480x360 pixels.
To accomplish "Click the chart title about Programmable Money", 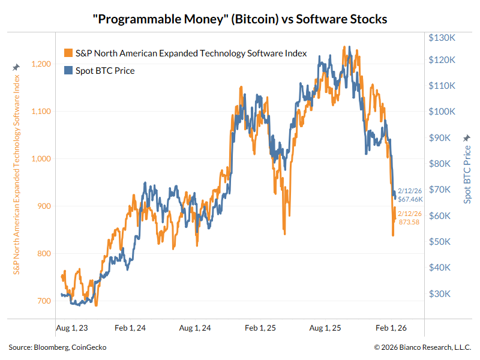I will (240, 19).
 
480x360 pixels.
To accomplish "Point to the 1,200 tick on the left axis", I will (41, 64).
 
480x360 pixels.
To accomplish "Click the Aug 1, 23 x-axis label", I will (71, 328).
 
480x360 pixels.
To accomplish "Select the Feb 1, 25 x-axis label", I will (261, 328).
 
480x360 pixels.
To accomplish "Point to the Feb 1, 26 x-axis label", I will (391, 328).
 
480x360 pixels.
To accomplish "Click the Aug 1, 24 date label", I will (194, 328).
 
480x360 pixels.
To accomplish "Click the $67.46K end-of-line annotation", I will (411, 199).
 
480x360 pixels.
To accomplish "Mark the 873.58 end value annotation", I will (410, 222).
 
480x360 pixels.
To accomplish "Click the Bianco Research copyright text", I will (422, 347).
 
